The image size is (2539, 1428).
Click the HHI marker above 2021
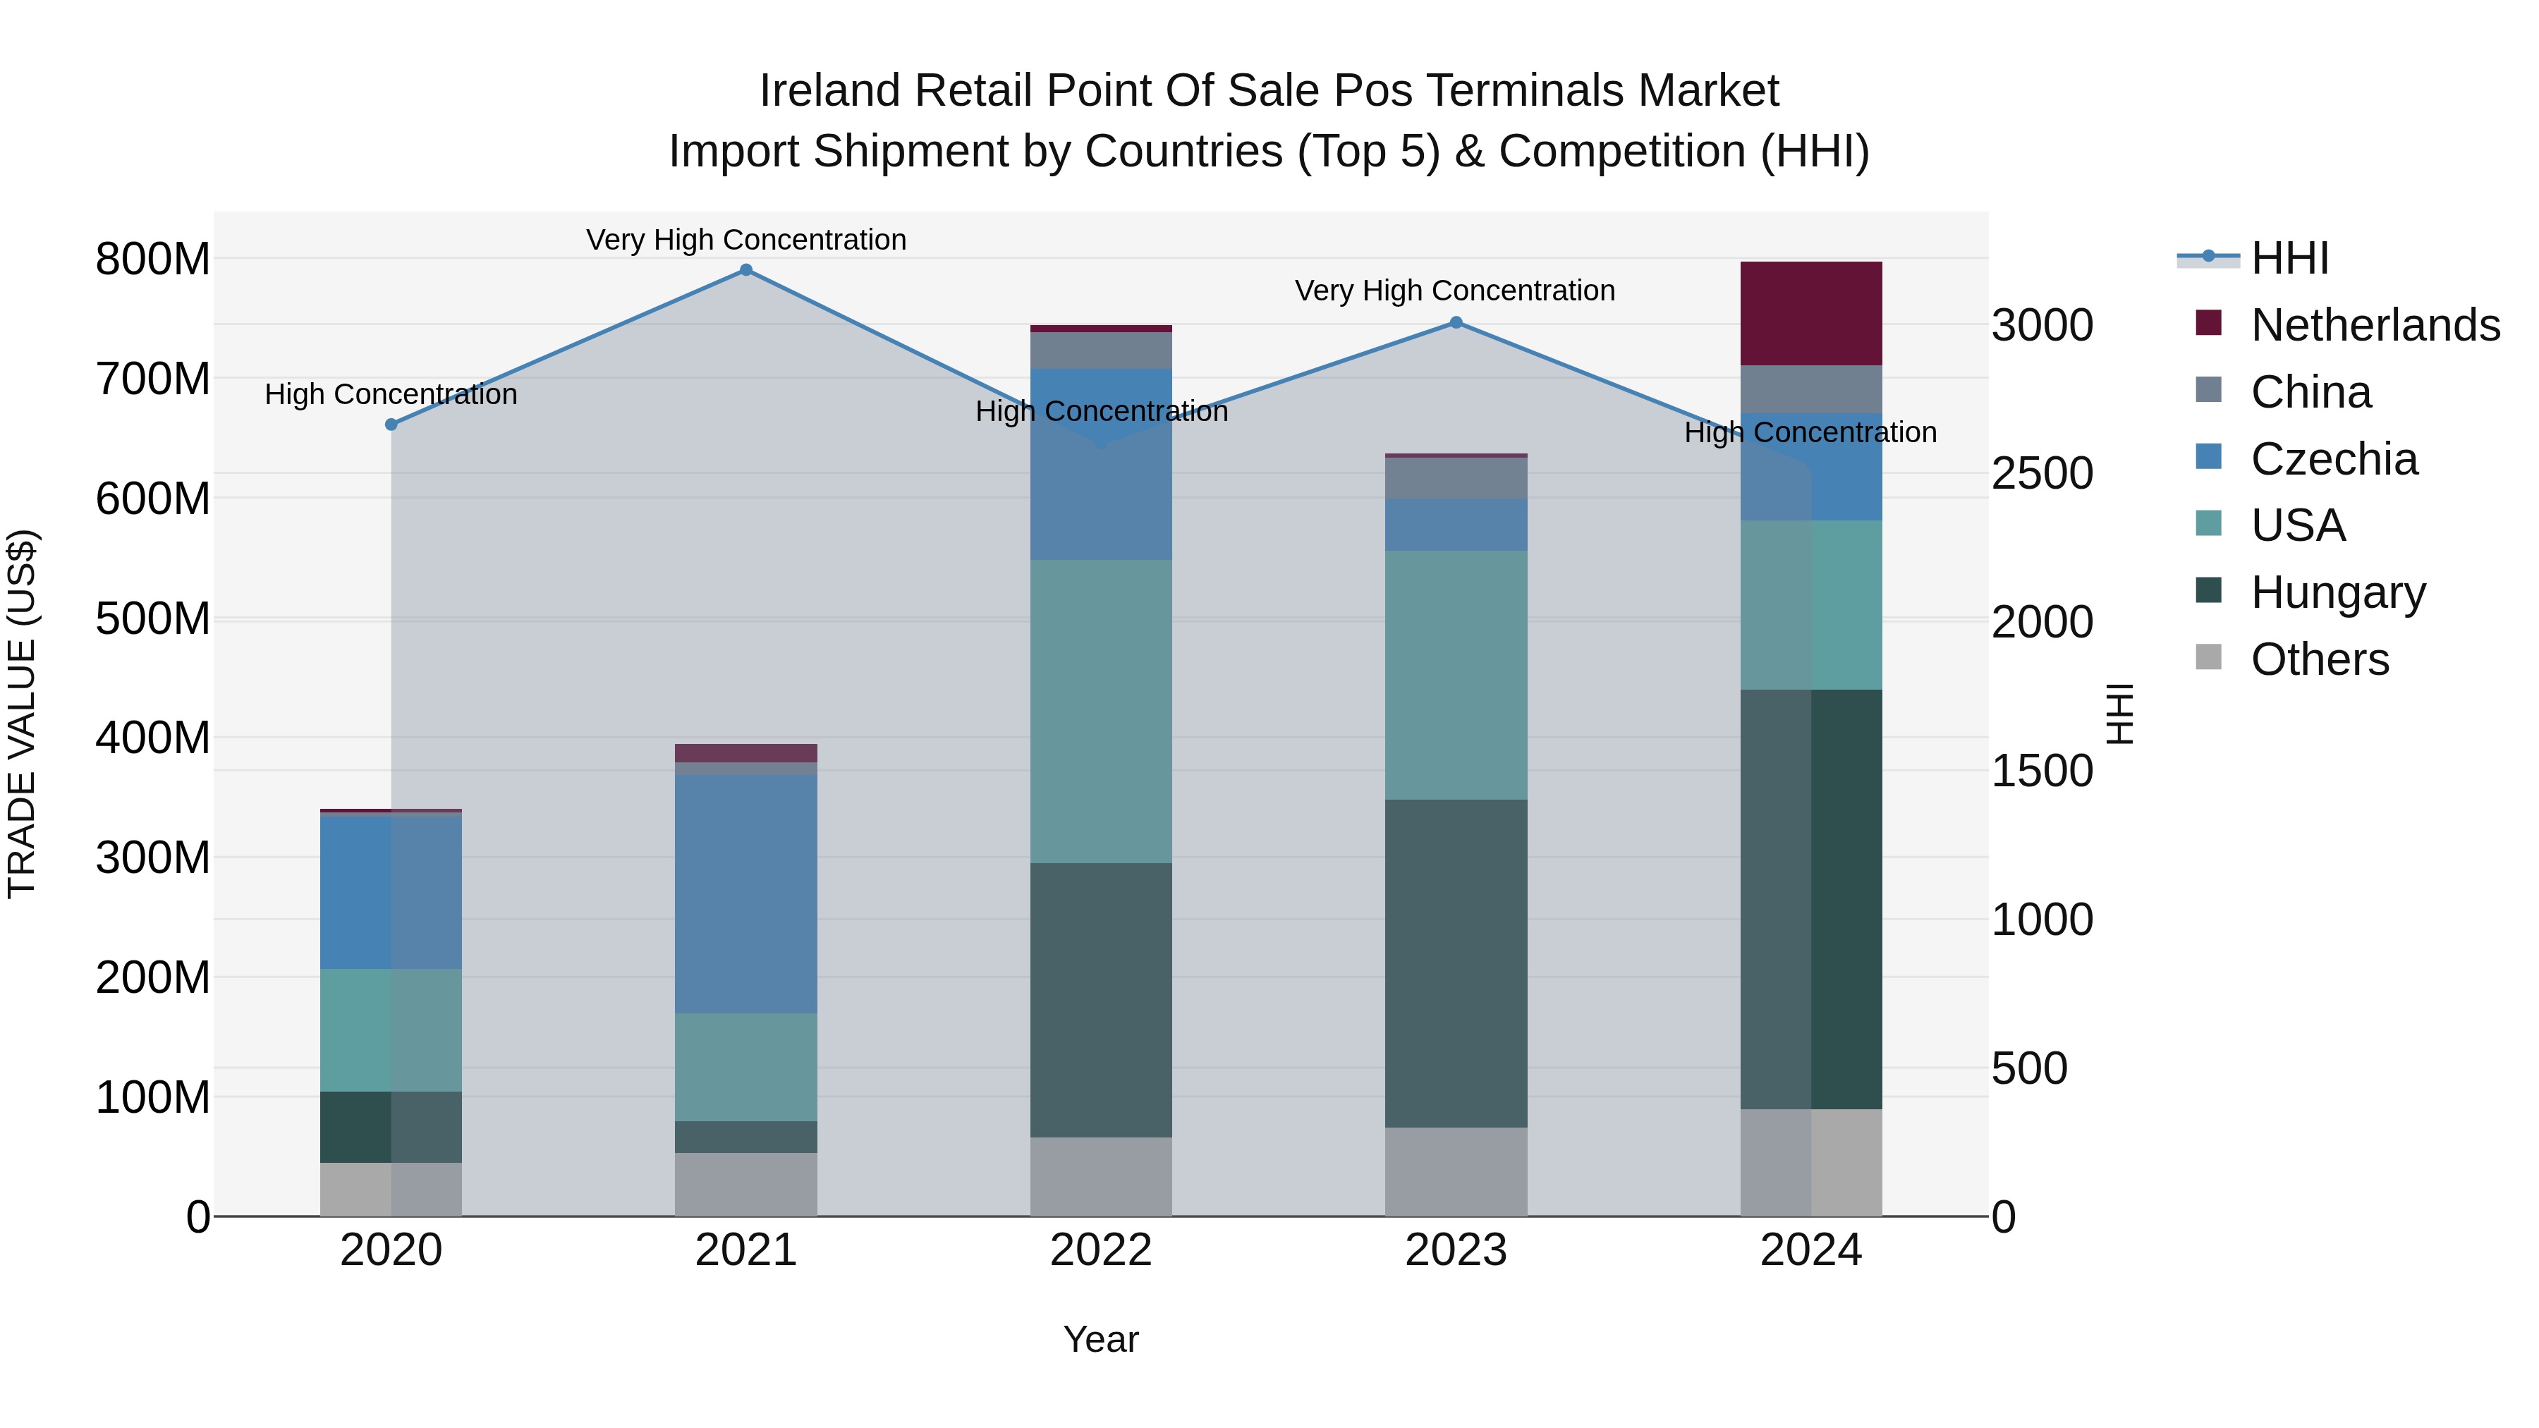tap(746, 270)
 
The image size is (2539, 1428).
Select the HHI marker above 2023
tap(1456, 322)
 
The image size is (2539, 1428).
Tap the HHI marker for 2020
tap(391, 425)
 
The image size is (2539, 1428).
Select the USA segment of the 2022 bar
tap(1101, 712)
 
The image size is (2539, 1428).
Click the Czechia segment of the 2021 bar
tap(746, 894)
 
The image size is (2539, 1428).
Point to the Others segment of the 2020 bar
tap(391, 1190)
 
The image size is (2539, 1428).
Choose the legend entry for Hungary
tap(2337, 592)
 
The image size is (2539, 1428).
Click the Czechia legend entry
tap(2333, 459)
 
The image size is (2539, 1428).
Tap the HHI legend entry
tap(2289, 258)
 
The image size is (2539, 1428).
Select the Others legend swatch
tap(2209, 657)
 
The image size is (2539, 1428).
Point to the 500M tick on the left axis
tap(153, 619)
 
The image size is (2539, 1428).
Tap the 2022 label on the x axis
tap(1101, 1250)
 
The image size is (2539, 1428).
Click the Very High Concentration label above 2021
tap(746, 240)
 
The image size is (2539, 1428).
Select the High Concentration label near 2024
tap(1810, 433)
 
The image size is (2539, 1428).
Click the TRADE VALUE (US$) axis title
tap(22, 714)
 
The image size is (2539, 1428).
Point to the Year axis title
tap(1101, 1339)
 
